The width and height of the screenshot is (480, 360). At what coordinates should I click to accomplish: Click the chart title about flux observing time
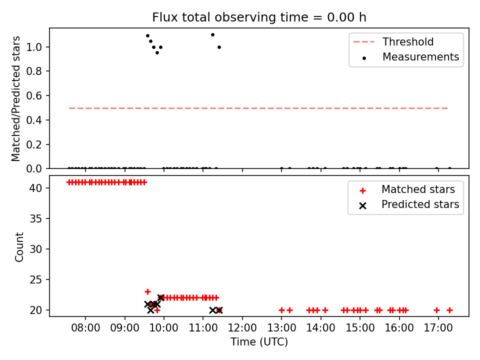[x=259, y=17]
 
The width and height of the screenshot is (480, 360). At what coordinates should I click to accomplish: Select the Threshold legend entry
[x=393, y=41]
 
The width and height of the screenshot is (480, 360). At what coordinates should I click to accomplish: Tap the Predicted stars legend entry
[x=408, y=204]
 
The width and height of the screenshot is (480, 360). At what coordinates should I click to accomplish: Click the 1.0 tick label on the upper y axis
[x=34, y=47]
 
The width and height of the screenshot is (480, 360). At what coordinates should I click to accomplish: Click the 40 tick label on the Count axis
[x=36, y=188]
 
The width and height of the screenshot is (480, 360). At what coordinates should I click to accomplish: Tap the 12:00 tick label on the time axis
[x=242, y=328]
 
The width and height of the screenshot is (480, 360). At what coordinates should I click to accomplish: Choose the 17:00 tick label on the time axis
[x=438, y=328]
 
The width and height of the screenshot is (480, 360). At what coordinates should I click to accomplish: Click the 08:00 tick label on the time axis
[x=85, y=328]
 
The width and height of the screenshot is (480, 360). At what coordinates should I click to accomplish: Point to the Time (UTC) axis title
[x=259, y=341]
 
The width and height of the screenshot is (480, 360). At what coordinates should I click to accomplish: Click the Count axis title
[x=19, y=247]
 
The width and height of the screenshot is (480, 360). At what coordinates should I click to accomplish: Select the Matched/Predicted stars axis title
[x=15, y=98]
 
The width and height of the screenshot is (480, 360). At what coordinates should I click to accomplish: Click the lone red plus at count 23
[x=147, y=291]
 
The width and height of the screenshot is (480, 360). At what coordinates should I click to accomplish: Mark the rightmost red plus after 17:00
[x=449, y=310]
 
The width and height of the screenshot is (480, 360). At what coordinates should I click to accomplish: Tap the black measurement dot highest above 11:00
[x=213, y=35]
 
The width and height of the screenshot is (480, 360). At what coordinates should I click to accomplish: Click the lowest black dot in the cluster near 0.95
[x=157, y=52]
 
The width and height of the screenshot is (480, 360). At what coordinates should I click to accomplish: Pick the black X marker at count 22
[x=160, y=297]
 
